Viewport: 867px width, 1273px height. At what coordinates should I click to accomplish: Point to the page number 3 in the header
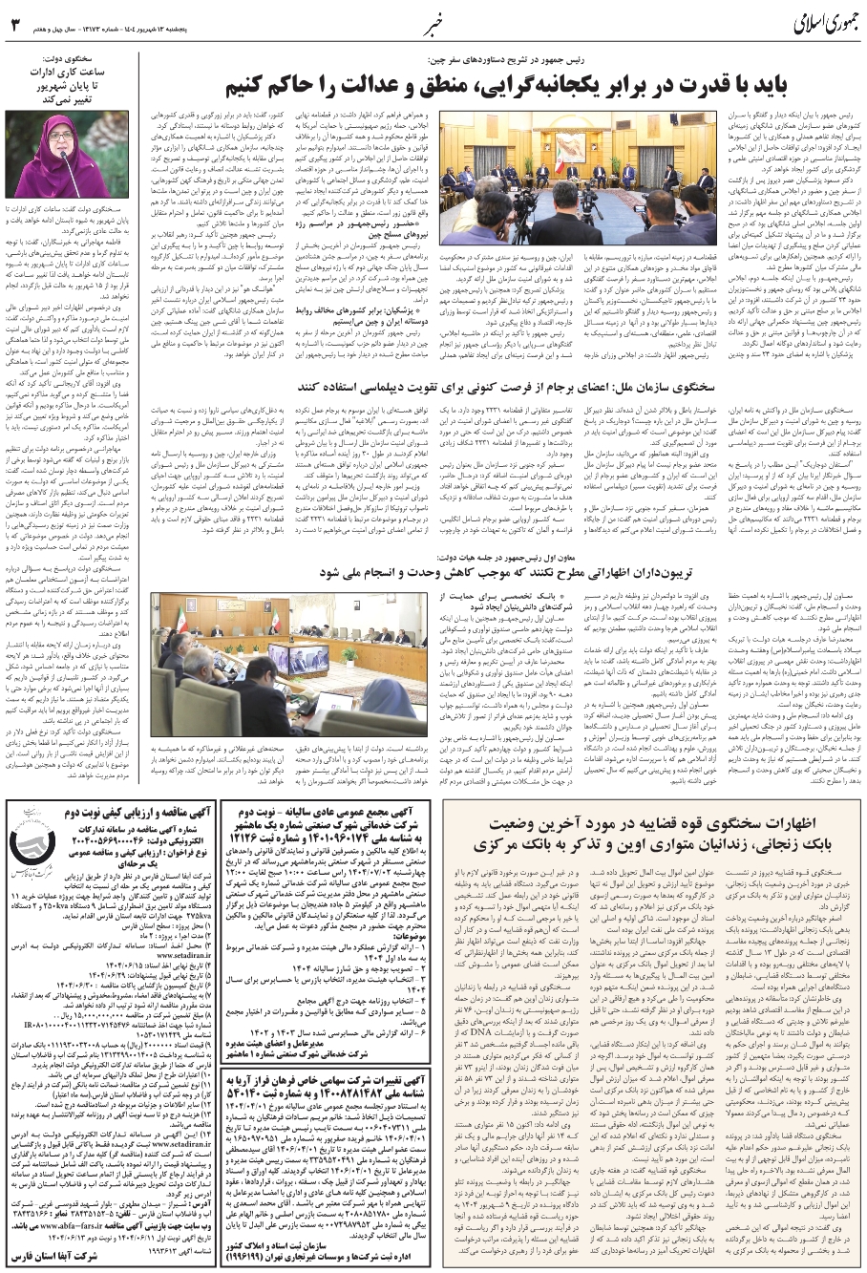coord(15,22)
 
